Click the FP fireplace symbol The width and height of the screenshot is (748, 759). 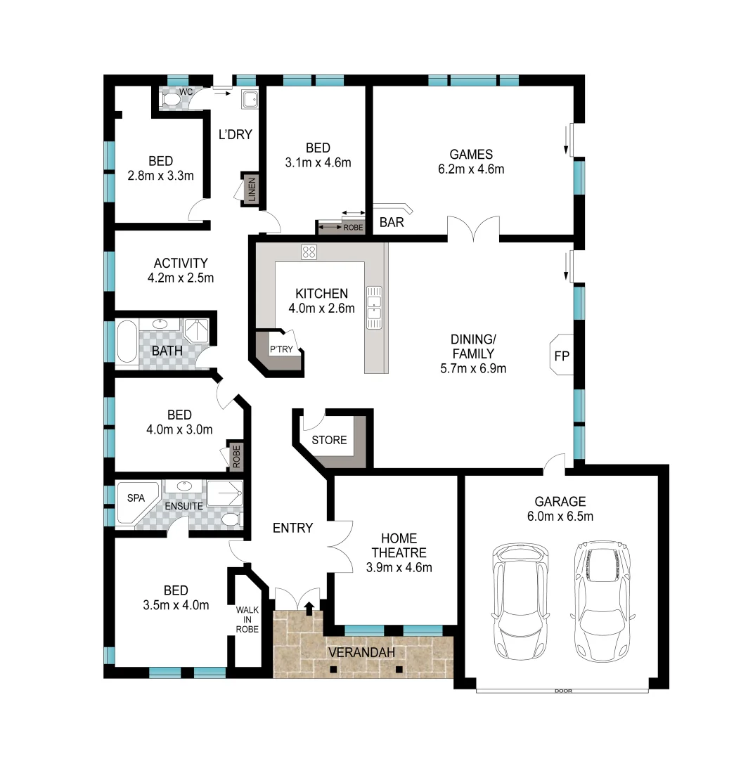pyautogui.click(x=560, y=356)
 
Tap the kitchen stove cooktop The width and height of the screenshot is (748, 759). pyautogui.click(x=309, y=252)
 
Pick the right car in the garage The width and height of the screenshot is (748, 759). pyautogui.click(x=602, y=599)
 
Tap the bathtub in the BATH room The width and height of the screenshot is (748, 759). pyautogui.click(x=127, y=342)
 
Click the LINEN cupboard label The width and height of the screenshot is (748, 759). pyautogui.click(x=252, y=189)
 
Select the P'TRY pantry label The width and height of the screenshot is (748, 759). pyautogui.click(x=281, y=349)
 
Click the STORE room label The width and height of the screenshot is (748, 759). pyautogui.click(x=329, y=441)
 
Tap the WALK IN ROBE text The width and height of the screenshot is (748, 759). pyautogui.click(x=247, y=620)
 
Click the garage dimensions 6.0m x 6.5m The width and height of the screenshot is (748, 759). pyautogui.click(x=560, y=517)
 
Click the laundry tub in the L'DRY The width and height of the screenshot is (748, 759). pyautogui.click(x=250, y=100)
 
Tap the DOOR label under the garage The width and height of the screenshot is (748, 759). pyautogui.click(x=562, y=691)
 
